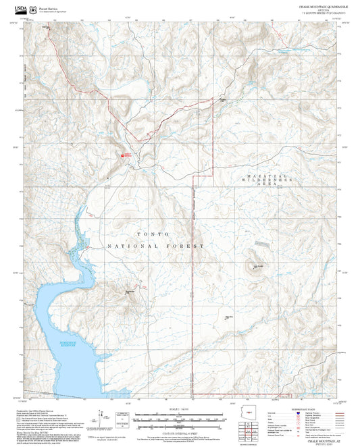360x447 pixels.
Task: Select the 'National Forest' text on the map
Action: (155, 246)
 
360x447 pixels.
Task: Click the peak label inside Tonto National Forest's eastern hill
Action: (257, 267)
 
